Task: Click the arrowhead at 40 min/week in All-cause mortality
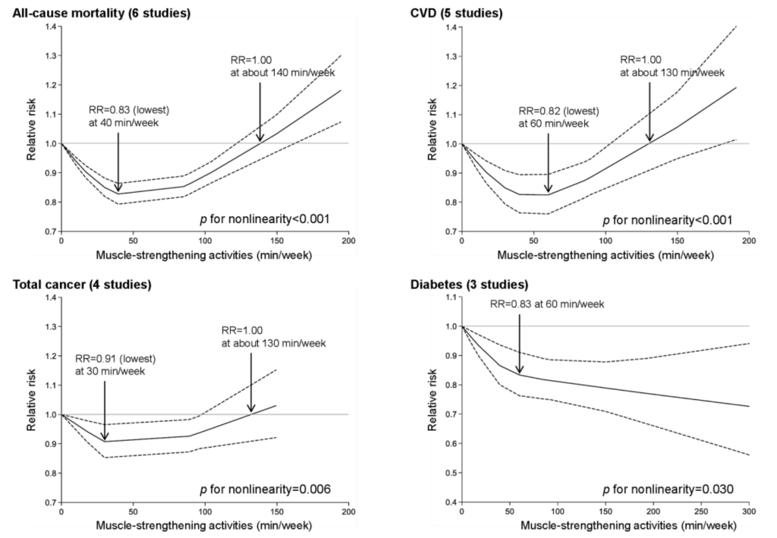pyautogui.click(x=118, y=189)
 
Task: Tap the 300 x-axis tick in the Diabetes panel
pyautogui.click(x=749, y=514)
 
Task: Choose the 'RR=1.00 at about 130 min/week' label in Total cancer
pyautogui.click(x=274, y=337)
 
